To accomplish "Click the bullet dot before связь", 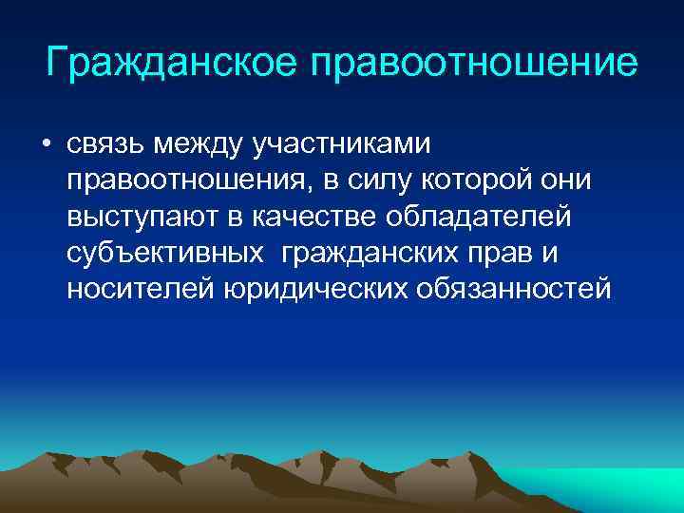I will [45, 145].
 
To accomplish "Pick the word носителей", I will [140, 289].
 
